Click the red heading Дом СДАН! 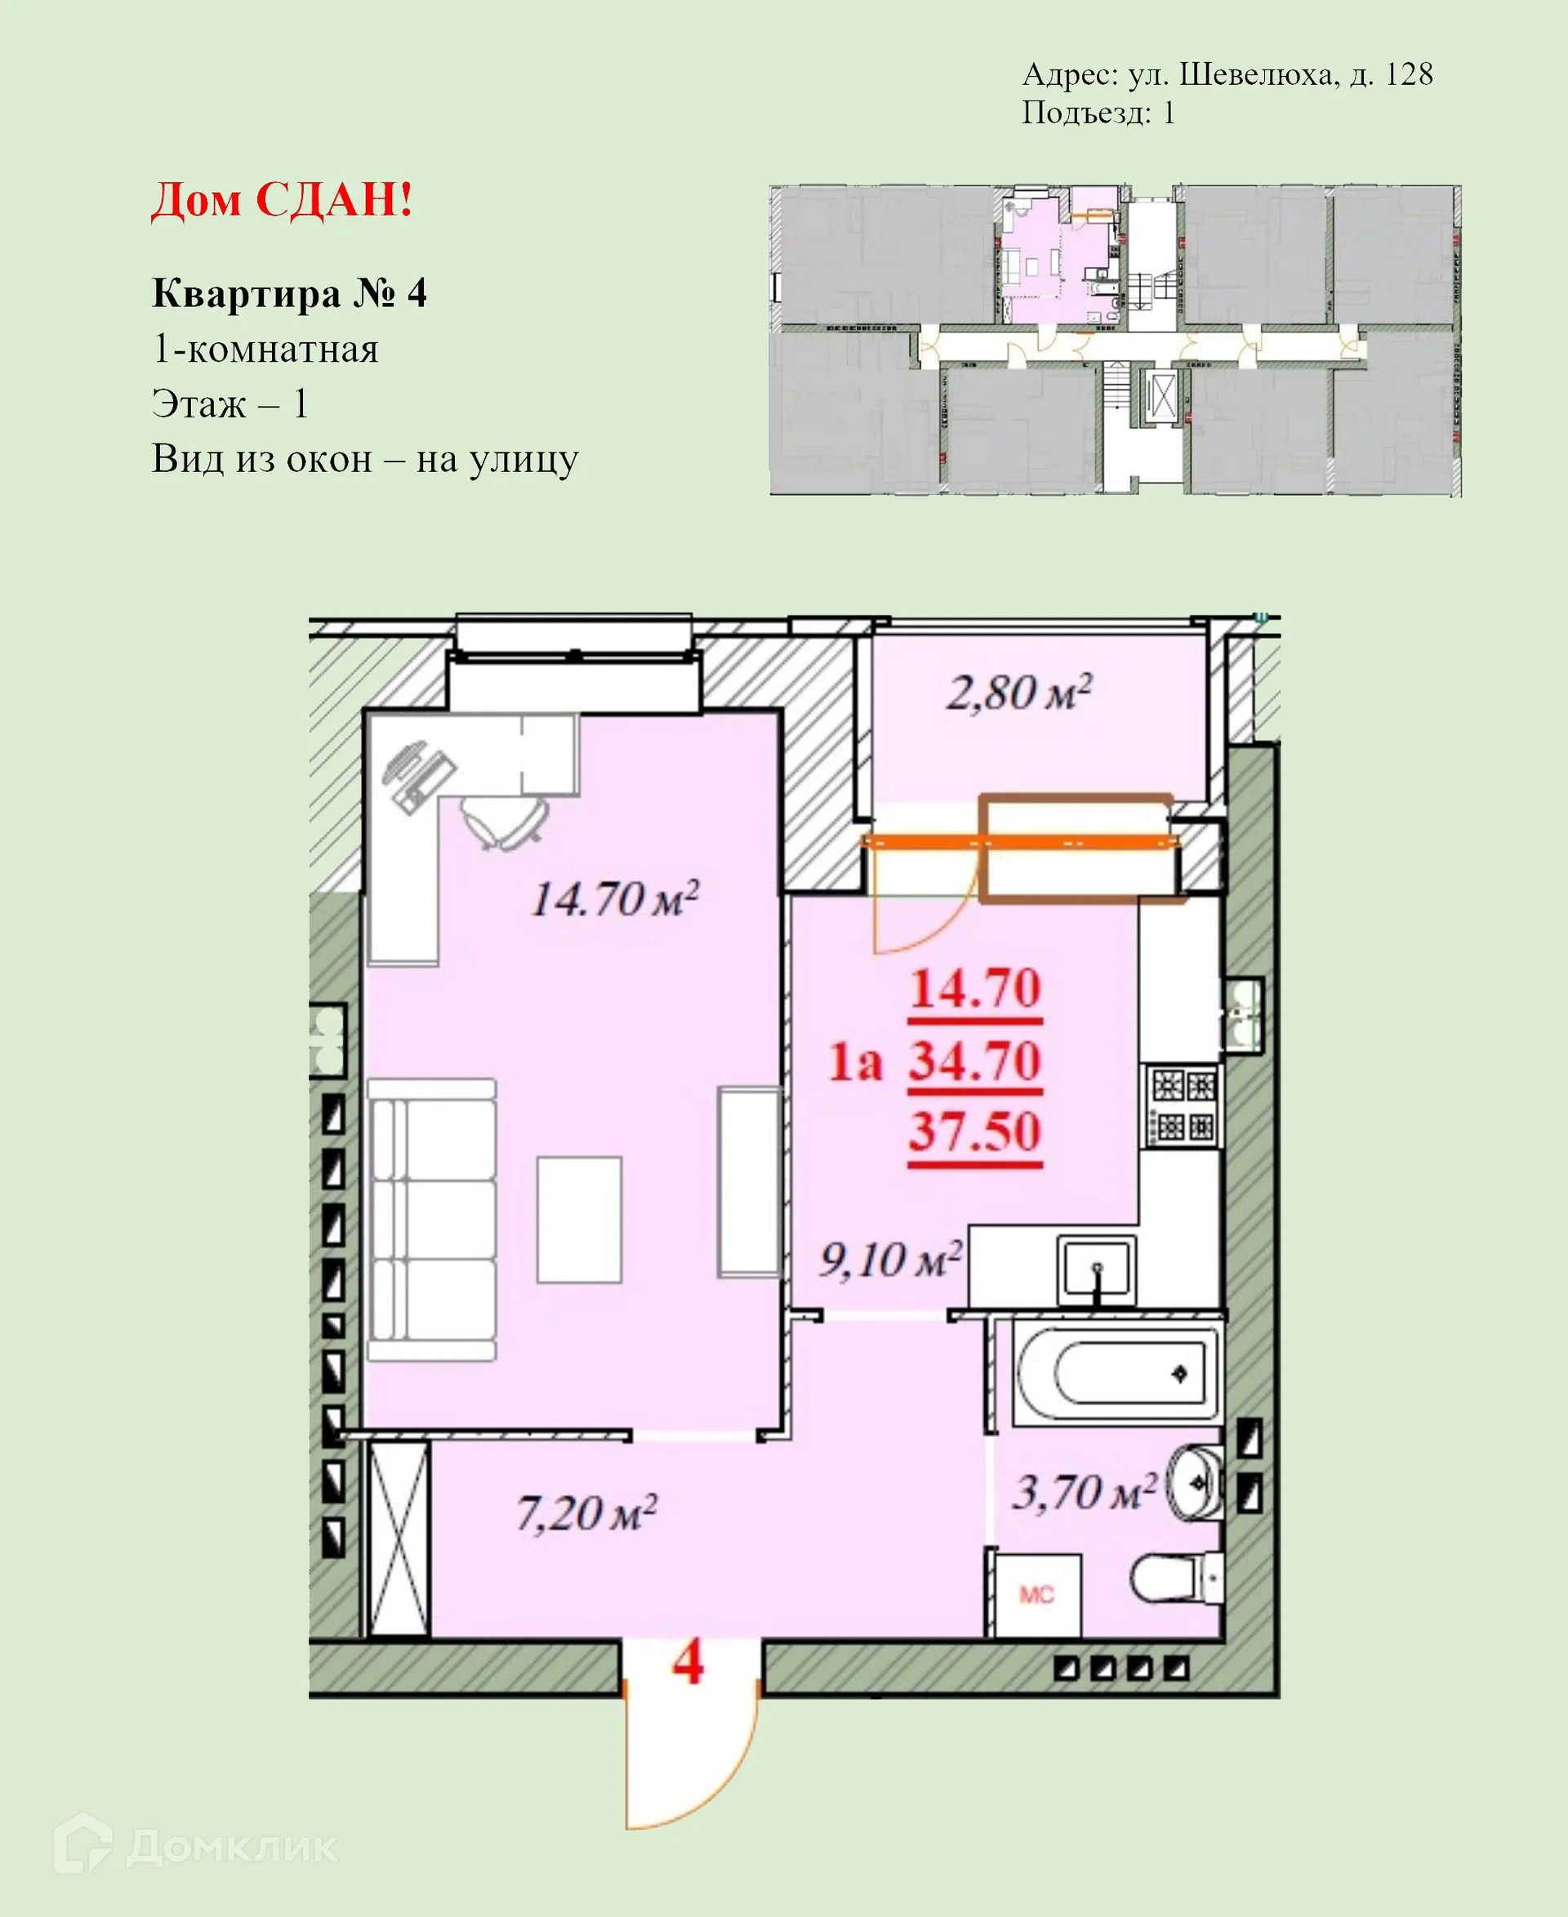pos(282,201)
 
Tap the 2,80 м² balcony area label pos(1018,693)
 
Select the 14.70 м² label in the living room pos(614,899)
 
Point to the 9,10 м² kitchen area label pos(889,1259)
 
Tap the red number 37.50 pos(974,1131)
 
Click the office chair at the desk pos(505,820)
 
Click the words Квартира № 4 pos(289,293)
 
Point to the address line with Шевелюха pos(1227,74)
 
